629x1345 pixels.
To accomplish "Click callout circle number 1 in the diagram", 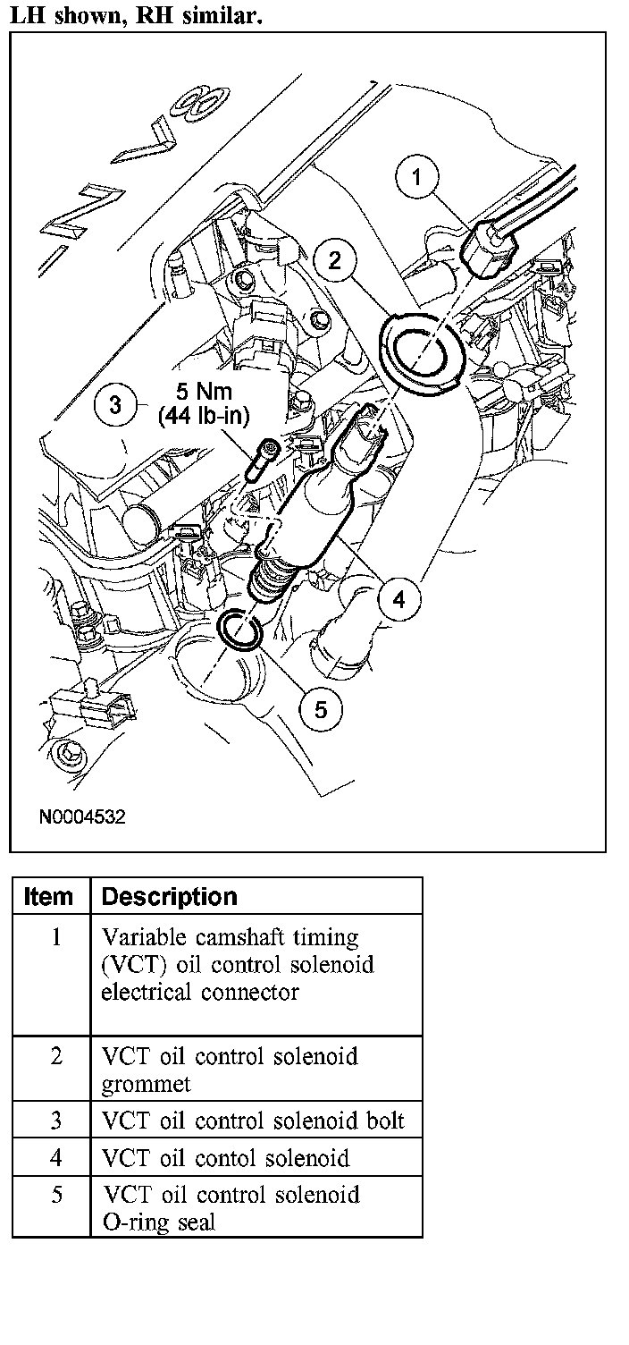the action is [x=416, y=176].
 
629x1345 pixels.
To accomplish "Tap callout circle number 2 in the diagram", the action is [x=334, y=260].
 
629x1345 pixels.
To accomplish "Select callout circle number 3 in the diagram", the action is [x=116, y=404].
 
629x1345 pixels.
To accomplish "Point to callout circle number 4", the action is [x=399, y=598].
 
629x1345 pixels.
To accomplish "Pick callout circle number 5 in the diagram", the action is [x=321, y=710].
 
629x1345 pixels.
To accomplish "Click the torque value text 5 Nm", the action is [x=204, y=392].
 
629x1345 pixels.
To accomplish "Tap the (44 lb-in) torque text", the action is [x=204, y=416].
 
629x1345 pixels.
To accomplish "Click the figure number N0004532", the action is [x=82, y=816].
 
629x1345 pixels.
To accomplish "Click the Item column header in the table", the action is [x=48, y=896].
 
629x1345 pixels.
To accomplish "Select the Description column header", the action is [x=170, y=896].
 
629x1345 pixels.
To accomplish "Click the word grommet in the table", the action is [x=146, y=1084].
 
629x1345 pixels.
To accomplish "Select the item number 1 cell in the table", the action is [x=56, y=936].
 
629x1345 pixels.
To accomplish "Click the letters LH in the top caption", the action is [x=29, y=15].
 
